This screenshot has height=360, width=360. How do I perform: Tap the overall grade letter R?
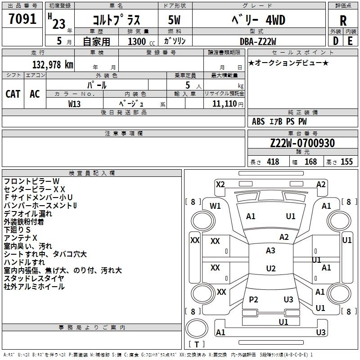coord(343,21)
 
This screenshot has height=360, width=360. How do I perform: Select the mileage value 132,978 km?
coord(53,65)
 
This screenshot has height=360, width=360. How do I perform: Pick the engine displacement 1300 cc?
coord(139,41)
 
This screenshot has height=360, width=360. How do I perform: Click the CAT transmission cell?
coord(13,94)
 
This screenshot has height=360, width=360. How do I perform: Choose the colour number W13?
coord(75,103)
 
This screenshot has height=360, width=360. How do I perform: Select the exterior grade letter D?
coord(335,41)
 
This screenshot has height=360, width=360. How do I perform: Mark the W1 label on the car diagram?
coord(215,206)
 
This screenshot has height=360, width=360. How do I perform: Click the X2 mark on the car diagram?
coord(220,184)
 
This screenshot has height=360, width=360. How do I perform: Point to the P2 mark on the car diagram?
coord(253,300)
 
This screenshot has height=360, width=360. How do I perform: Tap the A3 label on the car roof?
coord(270,251)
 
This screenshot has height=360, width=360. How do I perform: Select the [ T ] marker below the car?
coord(197,345)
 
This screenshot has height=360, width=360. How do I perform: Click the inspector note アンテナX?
coord(21,238)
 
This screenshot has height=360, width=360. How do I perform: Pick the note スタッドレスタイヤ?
coord(34,279)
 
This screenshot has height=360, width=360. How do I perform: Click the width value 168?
coord(310,162)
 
